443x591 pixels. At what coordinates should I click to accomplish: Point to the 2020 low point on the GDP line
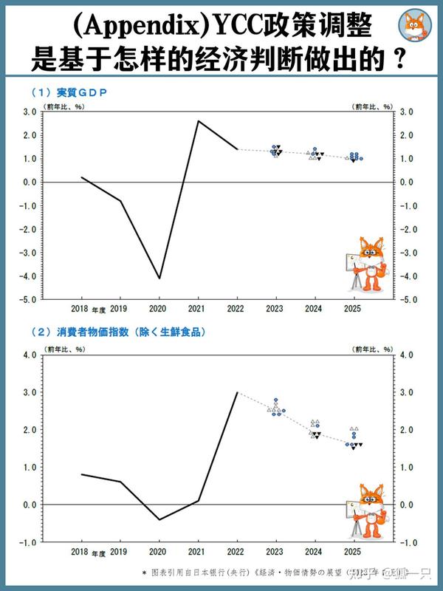point(158,279)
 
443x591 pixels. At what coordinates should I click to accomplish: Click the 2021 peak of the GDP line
point(197,120)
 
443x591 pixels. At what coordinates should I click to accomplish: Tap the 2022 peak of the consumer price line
point(237,392)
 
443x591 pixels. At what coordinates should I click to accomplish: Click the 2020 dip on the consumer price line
point(158,519)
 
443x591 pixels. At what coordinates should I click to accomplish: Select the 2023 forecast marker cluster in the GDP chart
point(276,151)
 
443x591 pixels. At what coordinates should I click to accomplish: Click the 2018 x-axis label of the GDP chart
point(80,309)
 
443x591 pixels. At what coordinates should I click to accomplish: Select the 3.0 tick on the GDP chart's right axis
point(407,112)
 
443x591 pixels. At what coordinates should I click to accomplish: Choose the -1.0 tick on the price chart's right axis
point(406,542)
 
